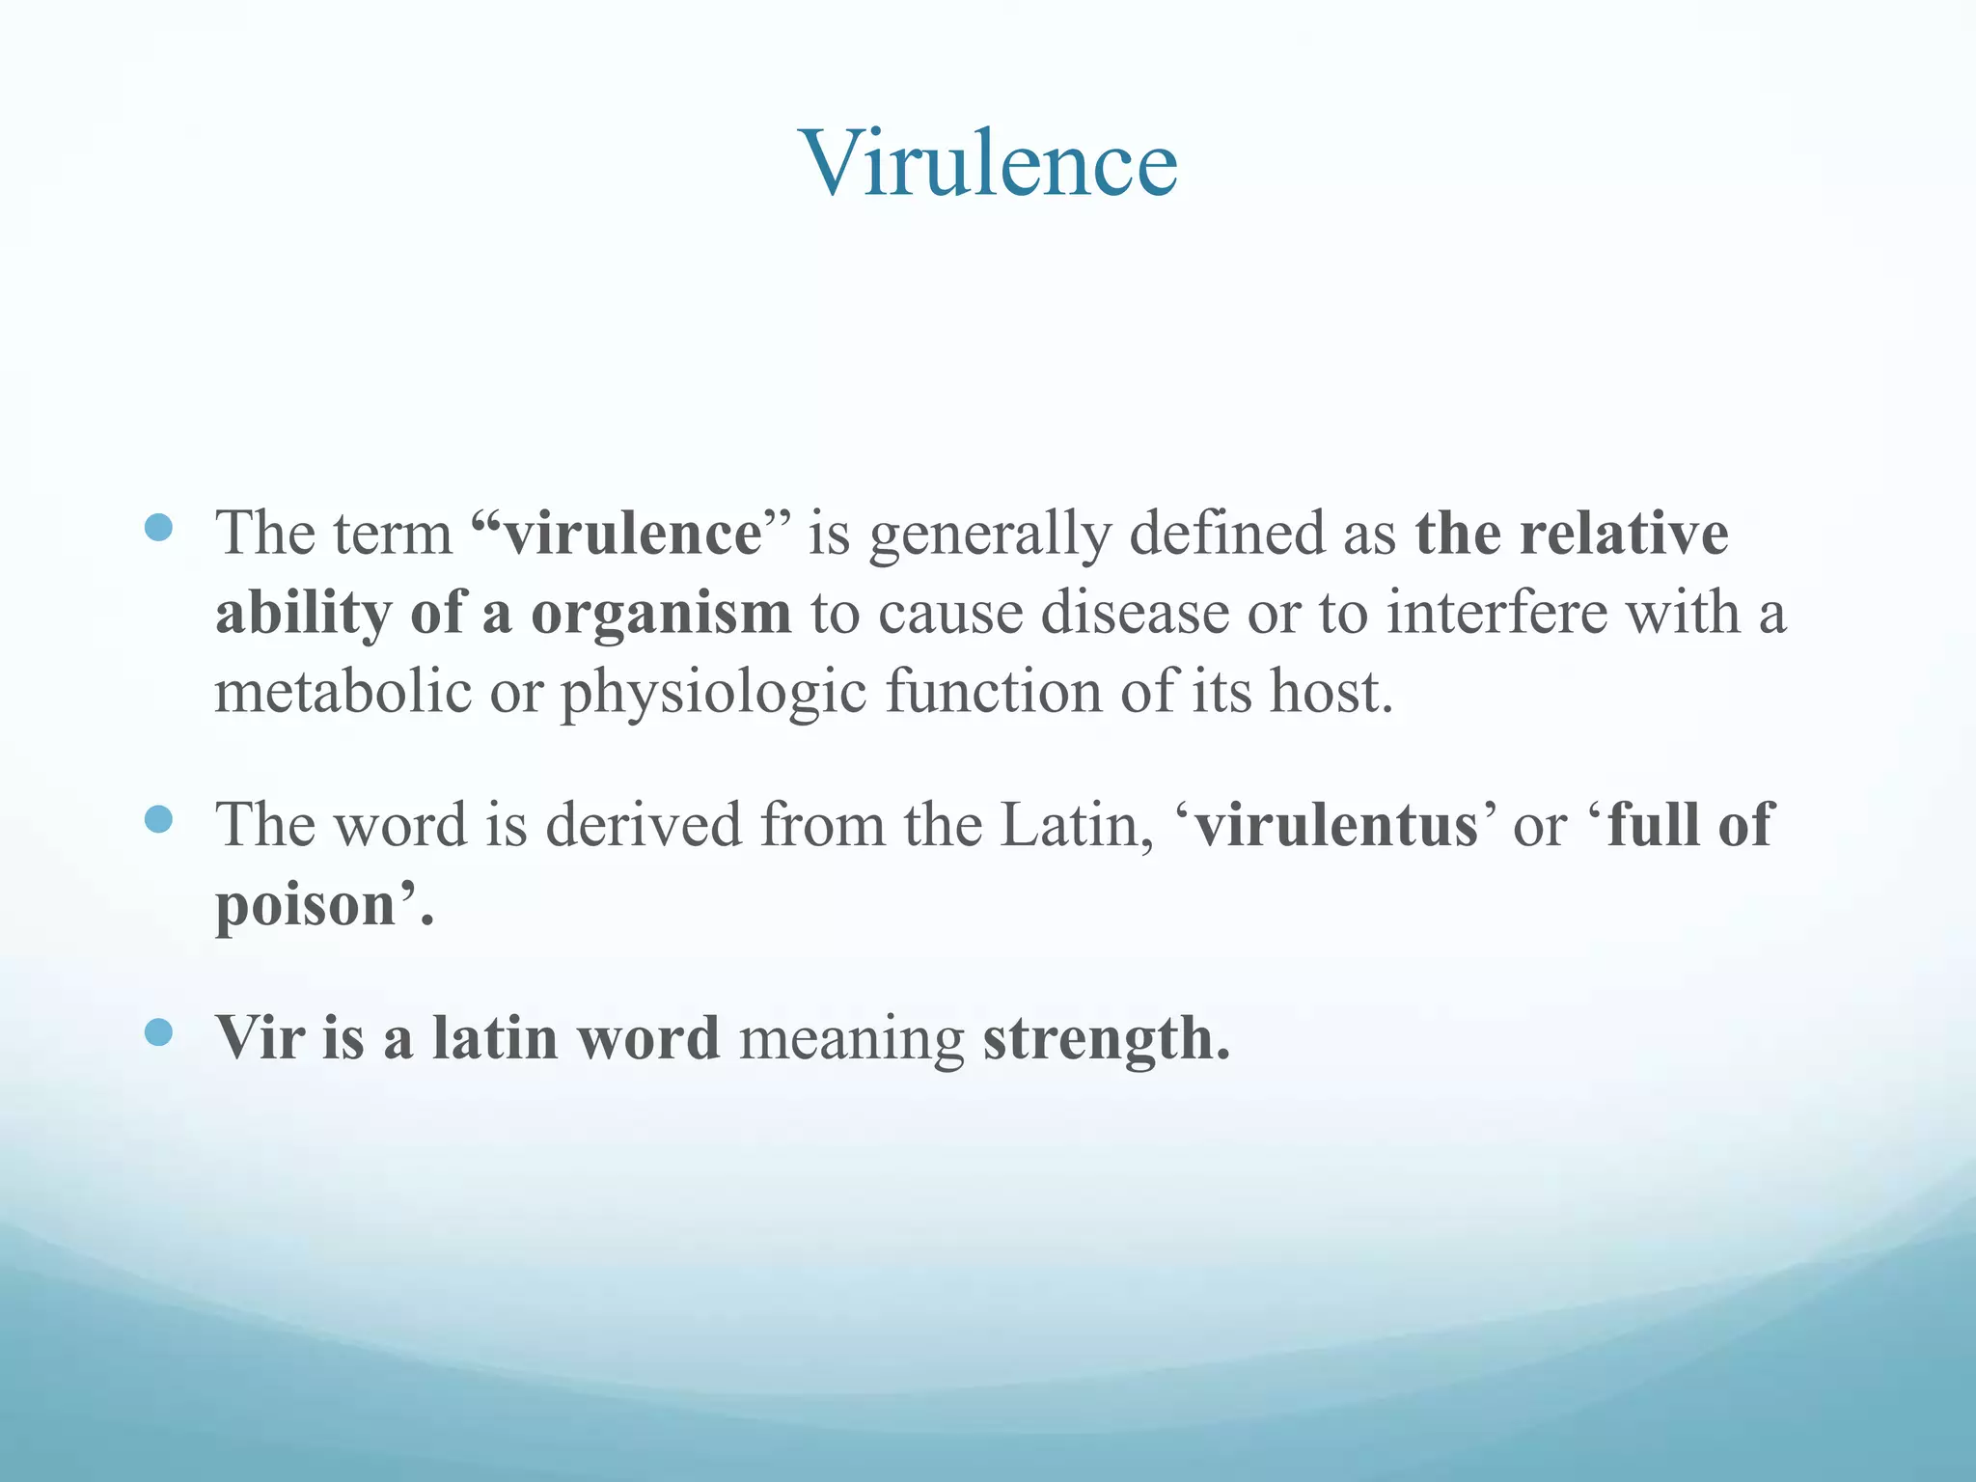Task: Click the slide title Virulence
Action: click(988, 164)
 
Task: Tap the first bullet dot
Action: click(157, 527)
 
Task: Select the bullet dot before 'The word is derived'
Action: click(157, 819)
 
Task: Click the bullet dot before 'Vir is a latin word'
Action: click(157, 1032)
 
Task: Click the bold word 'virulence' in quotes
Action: click(632, 534)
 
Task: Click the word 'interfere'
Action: click(1496, 613)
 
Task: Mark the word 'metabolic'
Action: click(343, 692)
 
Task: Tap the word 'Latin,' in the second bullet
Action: click(1077, 826)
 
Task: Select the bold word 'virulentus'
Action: click(1335, 826)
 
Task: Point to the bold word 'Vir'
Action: click(259, 1038)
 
